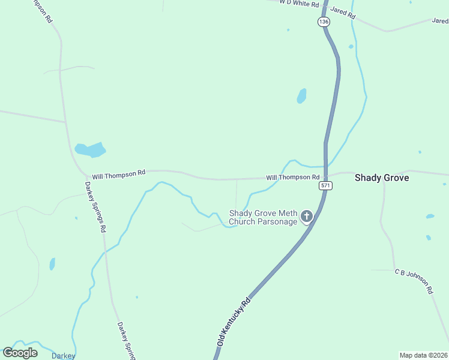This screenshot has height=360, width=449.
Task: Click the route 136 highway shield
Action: [x=324, y=22]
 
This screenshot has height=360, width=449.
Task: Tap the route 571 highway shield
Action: [x=325, y=185]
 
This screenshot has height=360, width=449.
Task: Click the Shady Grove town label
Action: [x=382, y=178]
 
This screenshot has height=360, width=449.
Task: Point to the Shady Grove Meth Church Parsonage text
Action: [x=264, y=217]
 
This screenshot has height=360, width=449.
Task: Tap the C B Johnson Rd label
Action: [x=414, y=281]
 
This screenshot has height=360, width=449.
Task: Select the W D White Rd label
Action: [x=298, y=3]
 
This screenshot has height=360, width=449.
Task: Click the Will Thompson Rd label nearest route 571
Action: [x=292, y=178]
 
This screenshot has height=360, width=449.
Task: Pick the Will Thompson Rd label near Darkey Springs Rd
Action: [x=118, y=173]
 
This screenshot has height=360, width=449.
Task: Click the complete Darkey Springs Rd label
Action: [x=95, y=207]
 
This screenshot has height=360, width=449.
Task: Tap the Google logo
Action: [x=20, y=352]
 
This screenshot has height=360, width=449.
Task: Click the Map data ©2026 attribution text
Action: [x=423, y=355]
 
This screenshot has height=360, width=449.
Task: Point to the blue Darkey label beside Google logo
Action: [x=63, y=356]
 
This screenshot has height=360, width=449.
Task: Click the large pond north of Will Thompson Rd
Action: [x=90, y=149]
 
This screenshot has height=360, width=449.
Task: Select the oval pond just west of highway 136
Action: [x=301, y=96]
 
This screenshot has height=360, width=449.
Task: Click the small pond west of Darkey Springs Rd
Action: [x=52, y=264]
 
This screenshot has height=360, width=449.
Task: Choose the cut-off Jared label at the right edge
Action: [x=440, y=20]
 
